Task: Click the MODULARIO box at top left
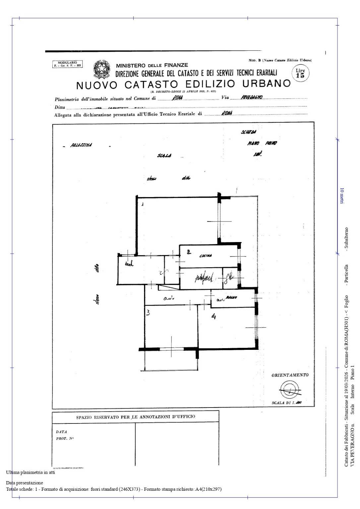tap(67, 64)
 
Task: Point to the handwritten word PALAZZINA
tap(81, 145)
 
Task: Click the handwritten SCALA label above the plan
tap(164, 156)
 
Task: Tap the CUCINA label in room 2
tap(206, 256)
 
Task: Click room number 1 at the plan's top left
tap(142, 204)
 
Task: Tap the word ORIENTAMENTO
tap(290, 375)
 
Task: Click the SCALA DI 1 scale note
tap(287, 403)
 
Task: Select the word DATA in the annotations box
tap(61, 432)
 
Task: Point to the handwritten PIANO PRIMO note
tap(262, 143)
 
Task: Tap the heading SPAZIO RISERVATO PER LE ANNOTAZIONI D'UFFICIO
tap(135, 416)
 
